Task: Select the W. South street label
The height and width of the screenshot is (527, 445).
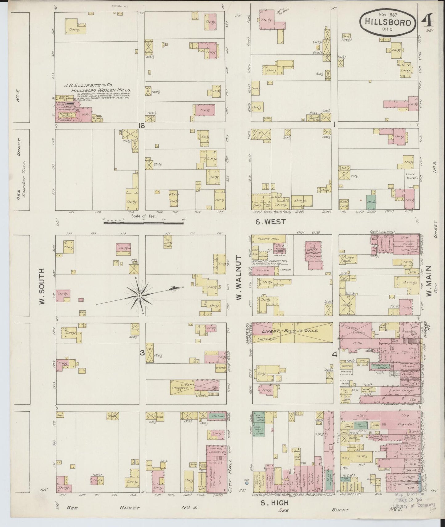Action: pos(42,286)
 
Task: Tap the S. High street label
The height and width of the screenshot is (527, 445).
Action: pos(275,503)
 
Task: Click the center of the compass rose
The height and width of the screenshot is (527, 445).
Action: pos(140,296)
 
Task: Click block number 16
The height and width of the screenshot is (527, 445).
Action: pos(141,125)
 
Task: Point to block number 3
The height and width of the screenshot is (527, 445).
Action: pos(142,353)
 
